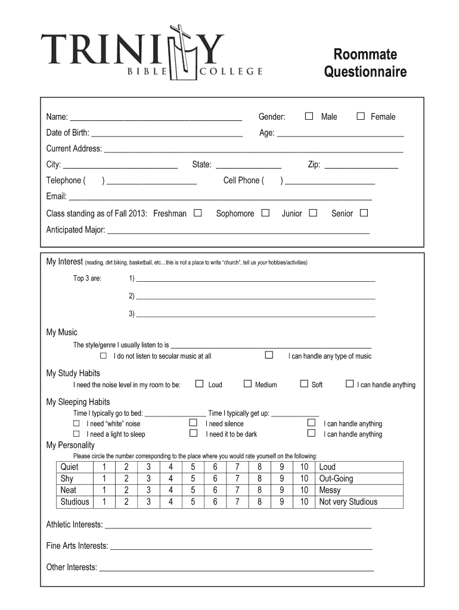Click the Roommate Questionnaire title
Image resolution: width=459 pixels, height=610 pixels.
[x=365, y=63]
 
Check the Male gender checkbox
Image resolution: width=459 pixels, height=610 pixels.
[x=309, y=116]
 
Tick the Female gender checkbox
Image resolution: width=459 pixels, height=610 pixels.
[x=360, y=116]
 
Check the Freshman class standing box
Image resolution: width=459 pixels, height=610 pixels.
[x=197, y=213]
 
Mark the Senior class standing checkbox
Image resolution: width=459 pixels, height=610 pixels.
[x=364, y=213]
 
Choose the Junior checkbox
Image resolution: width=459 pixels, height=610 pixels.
[x=312, y=213]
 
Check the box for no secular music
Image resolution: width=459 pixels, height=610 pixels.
[x=103, y=356]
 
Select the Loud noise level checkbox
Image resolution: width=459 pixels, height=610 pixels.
[x=200, y=384]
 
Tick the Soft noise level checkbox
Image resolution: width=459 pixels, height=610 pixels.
[x=303, y=384]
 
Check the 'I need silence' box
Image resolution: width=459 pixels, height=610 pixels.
[x=193, y=423]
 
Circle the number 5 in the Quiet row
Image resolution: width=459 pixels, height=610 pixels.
[x=193, y=467]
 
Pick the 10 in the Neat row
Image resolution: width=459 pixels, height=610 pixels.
[x=304, y=490]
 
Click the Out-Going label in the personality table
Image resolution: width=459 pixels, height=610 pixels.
[x=336, y=478]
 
